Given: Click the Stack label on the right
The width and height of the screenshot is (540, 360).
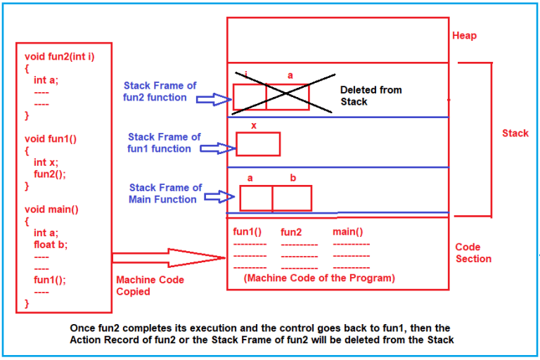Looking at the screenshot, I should point(515,133).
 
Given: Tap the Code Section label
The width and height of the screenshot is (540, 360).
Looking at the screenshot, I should point(473,253).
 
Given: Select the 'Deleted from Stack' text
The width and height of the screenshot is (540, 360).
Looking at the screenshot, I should point(371,96).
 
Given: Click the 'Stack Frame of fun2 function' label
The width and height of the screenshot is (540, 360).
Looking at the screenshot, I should point(160,91).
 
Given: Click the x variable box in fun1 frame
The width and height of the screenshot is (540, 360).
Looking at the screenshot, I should point(258,143).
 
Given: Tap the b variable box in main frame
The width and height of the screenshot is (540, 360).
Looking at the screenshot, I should point(292,198).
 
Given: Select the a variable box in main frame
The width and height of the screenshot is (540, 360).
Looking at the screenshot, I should point(256,198).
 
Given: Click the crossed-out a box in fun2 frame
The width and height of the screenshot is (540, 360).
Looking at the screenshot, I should point(288,96).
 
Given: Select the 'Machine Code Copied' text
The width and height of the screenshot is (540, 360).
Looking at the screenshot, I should point(150,285).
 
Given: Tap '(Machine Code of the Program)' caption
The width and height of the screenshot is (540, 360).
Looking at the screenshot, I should point(319,278).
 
